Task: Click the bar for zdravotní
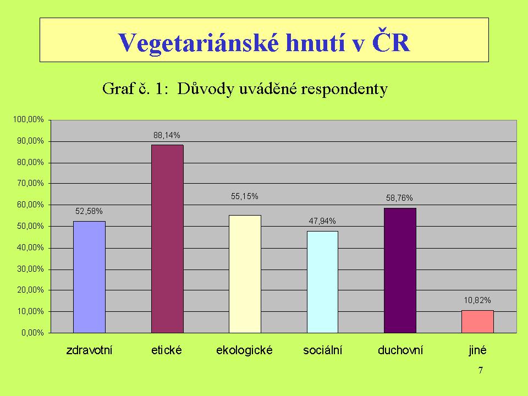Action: (x=89, y=277)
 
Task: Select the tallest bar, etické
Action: (x=167, y=239)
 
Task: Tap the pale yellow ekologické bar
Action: (x=245, y=274)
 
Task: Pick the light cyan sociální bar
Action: (x=322, y=282)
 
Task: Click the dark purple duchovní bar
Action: (x=400, y=271)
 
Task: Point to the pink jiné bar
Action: (x=477, y=322)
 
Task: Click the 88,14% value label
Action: (x=167, y=135)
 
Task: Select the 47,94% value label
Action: (x=322, y=221)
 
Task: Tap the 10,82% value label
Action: (x=477, y=300)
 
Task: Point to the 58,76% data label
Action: (x=399, y=198)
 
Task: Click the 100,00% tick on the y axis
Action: (x=28, y=119)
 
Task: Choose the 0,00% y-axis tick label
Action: (x=32, y=333)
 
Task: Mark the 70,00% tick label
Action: (x=30, y=183)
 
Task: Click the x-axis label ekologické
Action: (x=244, y=350)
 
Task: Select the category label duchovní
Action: (x=400, y=350)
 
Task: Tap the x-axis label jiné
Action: (x=477, y=350)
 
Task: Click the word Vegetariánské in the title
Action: (x=199, y=43)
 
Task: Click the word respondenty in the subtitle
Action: (x=344, y=90)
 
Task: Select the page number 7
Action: (x=481, y=370)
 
